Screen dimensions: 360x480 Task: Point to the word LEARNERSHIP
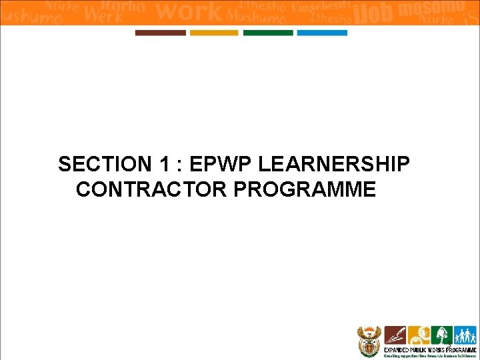click(334, 164)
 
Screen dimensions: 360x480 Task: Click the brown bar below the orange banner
click(160, 33)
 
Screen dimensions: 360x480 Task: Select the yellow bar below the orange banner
click(213, 33)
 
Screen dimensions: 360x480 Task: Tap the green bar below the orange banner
click(268, 33)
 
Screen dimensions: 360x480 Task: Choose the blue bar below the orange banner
click(322, 33)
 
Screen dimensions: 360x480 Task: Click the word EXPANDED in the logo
click(399, 349)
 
